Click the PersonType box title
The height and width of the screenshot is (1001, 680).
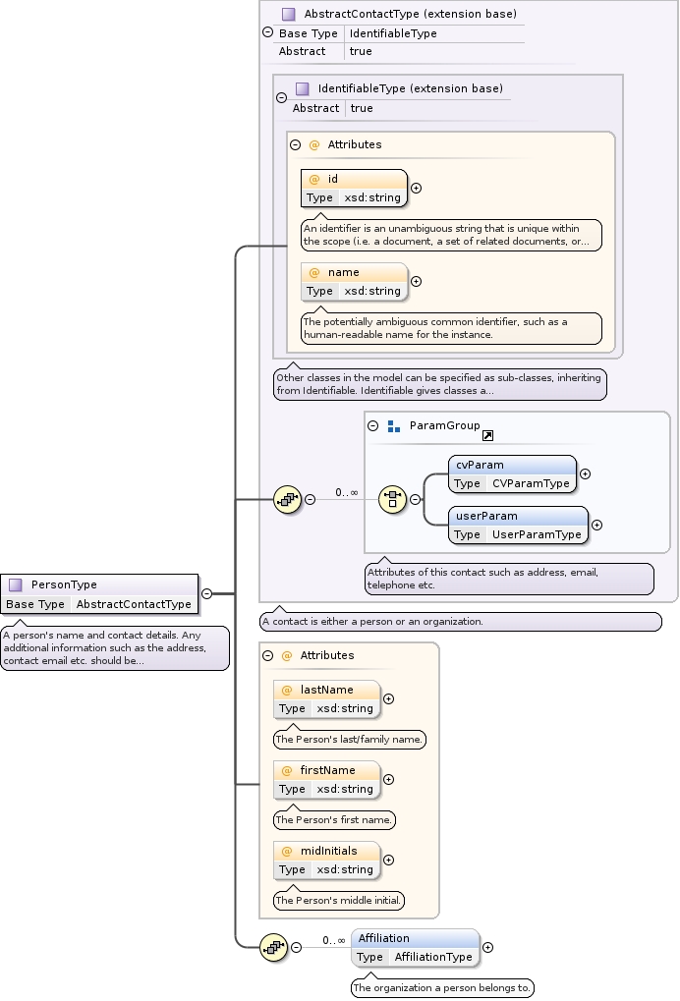[64, 584]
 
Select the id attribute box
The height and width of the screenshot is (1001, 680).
[354, 188]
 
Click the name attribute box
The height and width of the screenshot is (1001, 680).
[354, 281]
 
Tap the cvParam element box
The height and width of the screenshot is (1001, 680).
[512, 473]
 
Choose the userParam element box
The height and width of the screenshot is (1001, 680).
[518, 525]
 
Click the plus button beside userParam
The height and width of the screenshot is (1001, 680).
[596, 525]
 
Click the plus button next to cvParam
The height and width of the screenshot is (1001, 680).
[585, 473]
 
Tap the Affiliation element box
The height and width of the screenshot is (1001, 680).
[415, 947]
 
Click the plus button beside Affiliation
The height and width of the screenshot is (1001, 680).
[487, 948]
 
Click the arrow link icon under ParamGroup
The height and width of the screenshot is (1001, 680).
[487, 435]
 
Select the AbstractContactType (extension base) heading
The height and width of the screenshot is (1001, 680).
[410, 15]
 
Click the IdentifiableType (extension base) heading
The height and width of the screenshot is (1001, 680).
[410, 88]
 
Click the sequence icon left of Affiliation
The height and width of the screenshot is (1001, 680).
[273, 947]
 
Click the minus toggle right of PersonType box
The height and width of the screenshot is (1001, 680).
[206, 593]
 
